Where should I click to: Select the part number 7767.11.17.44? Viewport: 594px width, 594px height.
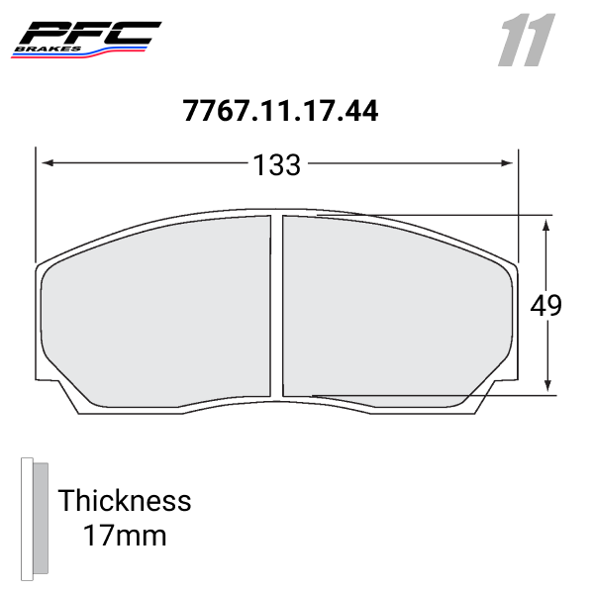click(x=280, y=111)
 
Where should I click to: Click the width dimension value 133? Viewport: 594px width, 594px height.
click(x=277, y=165)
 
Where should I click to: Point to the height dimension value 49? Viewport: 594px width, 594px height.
click(x=545, y=306)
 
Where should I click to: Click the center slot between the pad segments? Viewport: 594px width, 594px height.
click(x=277, y=307)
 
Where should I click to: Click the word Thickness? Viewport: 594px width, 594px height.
click(x=124, y=500)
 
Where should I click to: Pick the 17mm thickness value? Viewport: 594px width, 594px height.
click(x=124, y=537)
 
